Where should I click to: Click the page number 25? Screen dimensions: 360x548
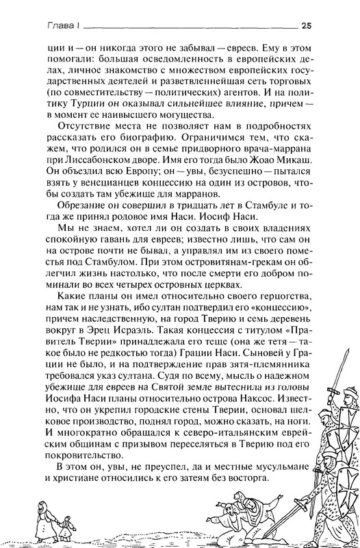[x=307, y=26]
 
